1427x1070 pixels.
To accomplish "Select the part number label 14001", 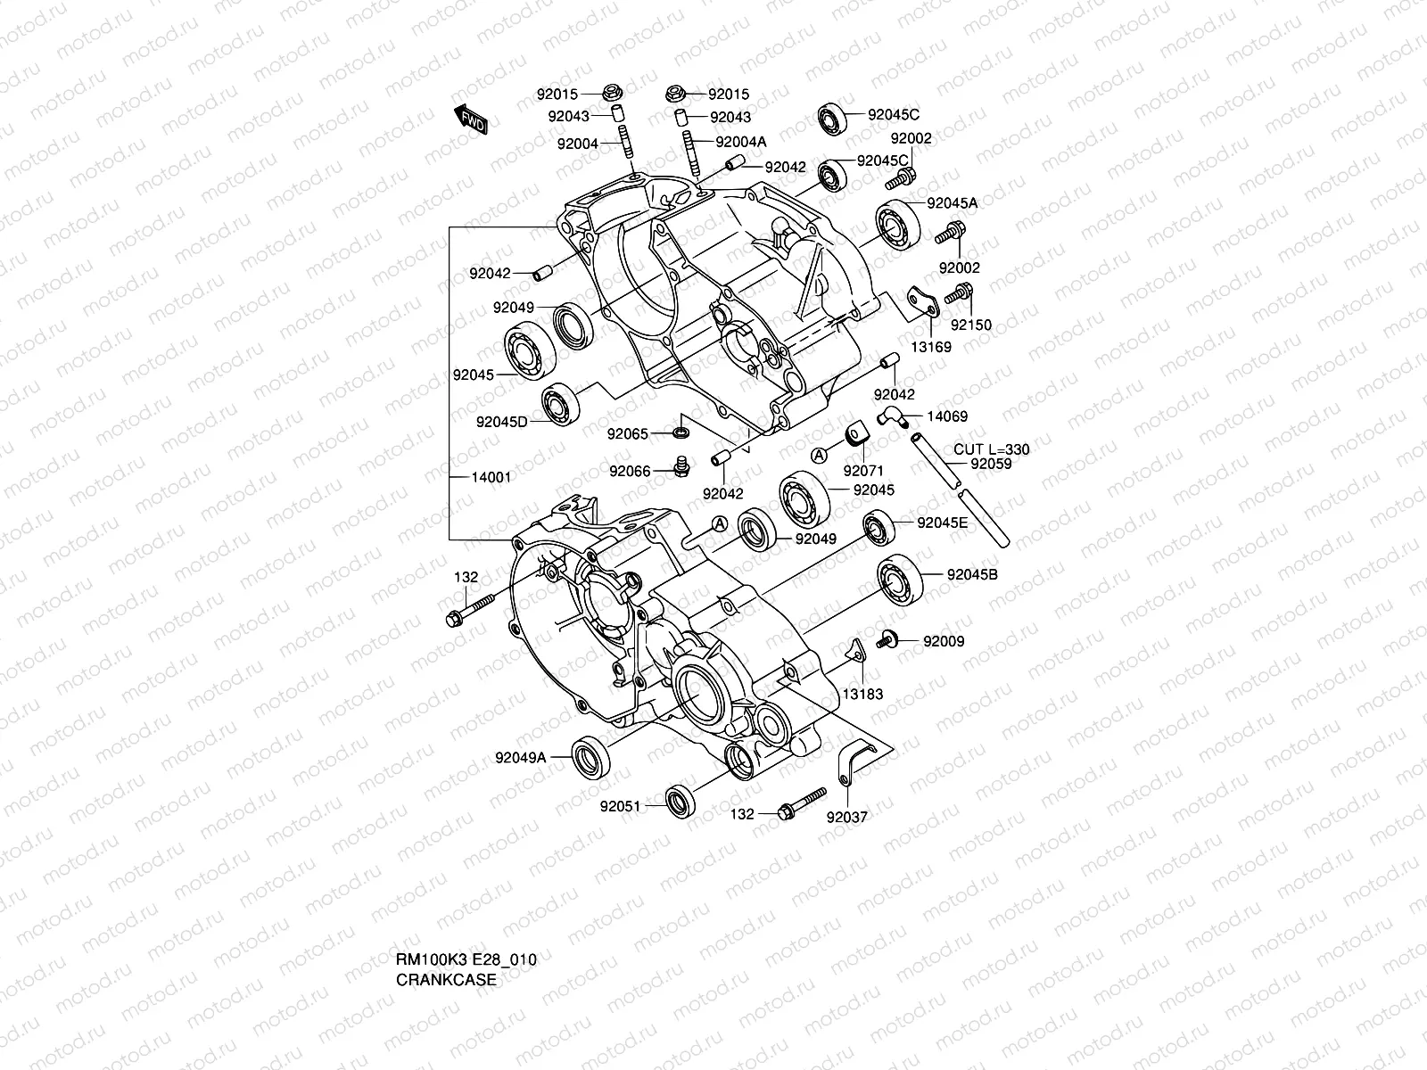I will pos(491,477).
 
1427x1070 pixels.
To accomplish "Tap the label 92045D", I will pos(501,421).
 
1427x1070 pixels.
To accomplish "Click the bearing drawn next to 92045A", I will pos(897,223).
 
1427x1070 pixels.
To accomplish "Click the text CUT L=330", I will pos(991,449).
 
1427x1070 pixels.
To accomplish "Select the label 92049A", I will pos(520,759).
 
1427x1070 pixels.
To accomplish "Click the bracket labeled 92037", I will pos(852,768).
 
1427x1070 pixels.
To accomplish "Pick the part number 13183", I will pos(863,694).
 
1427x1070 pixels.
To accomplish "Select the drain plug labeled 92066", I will pos(683,466).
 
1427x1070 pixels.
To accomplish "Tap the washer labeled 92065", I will pos(681,434).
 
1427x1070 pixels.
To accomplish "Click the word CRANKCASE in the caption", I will pos(446,979).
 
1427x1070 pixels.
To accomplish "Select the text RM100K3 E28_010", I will pos(466,959).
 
